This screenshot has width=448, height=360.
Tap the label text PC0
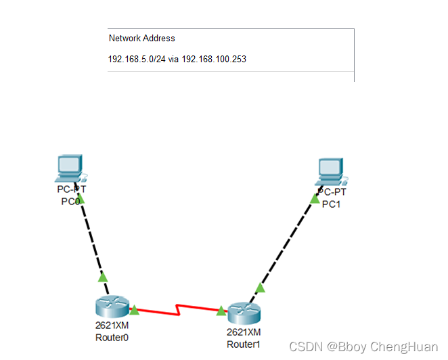(x=71, y=201)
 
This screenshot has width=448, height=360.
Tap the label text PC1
(x=331, y=204)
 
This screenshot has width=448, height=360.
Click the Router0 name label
(x=112, y=336)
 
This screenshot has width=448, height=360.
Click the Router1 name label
(x=244, y=344)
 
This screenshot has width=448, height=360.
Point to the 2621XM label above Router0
(x=112, y=325)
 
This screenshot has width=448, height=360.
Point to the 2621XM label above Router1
(x=244, y=332)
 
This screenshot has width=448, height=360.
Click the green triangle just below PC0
(x=81, y=198)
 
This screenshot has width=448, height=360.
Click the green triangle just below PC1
(x=315, y=198)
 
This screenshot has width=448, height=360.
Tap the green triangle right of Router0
(x=134, y=310)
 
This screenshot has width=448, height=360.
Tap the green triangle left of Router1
(x=221, y=311)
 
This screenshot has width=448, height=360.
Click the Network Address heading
(x=141, y=39)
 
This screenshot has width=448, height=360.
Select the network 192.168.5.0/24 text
(x=137, y=59)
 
